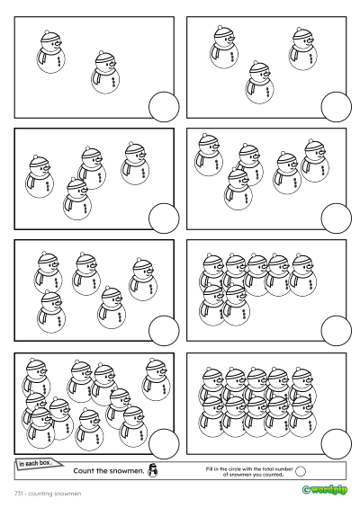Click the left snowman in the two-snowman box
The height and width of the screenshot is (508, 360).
pyautogui.click(x=50, y=52)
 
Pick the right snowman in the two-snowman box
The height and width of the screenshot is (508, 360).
pyautogui.click(x=105, y=72)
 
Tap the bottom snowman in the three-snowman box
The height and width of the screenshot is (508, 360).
pyautogui.click(x=259, y=83)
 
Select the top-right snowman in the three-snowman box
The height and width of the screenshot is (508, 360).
pyautogui.click(x=302, y=49)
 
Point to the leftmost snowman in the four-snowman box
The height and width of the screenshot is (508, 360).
pyautogui.click(x=40, y=176)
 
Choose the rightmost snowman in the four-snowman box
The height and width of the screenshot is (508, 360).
pyautogui.click(x=135, y=164)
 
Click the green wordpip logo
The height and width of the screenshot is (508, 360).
pyautogui.click(x=324, y=489)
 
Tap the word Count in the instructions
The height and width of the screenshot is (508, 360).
pyautogui.click(x=83, y=471)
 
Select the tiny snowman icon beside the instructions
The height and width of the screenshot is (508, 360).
pyautogui.click(x=152, y=470)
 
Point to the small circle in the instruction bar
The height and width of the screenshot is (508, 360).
pyautogui.click(x=301, y=471)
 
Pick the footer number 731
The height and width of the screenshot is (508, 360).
pyautogui.click(x=19, y=494)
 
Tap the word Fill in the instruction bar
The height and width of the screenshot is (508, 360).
pyautogui.click(x=209, y=468)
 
